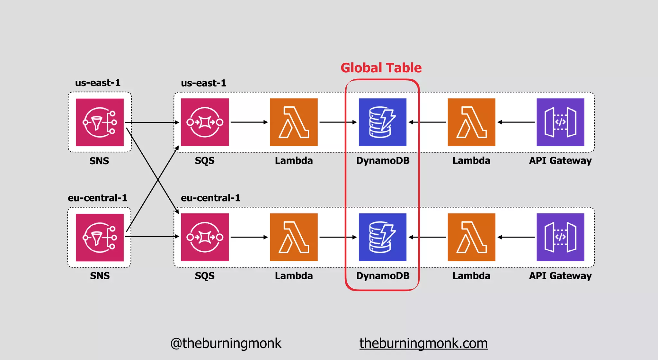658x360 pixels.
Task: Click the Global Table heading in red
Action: coord(381,68)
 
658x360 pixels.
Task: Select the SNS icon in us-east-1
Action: coord(100,122)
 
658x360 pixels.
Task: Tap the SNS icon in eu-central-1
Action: coord(100,237)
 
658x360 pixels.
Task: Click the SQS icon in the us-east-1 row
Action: coord(205,122)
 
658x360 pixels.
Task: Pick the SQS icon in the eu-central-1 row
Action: coord(205,237)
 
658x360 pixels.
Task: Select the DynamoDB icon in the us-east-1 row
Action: coord(382,122)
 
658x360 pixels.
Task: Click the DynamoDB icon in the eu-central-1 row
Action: coord(382,237)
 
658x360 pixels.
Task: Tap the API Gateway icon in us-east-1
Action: coord(560,122)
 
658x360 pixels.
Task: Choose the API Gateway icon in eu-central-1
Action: coord(560,237)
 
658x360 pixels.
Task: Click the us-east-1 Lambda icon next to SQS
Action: coord(294,122)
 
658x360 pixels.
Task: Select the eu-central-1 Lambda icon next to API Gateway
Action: coord(471,237)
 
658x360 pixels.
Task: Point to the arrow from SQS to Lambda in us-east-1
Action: coord(249,122)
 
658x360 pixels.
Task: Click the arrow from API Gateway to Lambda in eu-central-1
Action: coord(516,237)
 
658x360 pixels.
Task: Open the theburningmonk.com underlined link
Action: coord(423,343)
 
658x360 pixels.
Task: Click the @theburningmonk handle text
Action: coord(226,343)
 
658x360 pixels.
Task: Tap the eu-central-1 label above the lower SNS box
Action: coord(97,198)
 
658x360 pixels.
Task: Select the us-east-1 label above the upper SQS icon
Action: coord(204,83)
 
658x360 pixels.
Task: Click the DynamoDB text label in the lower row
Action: coord(383,276)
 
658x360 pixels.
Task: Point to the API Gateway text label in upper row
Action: coord(560,160)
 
